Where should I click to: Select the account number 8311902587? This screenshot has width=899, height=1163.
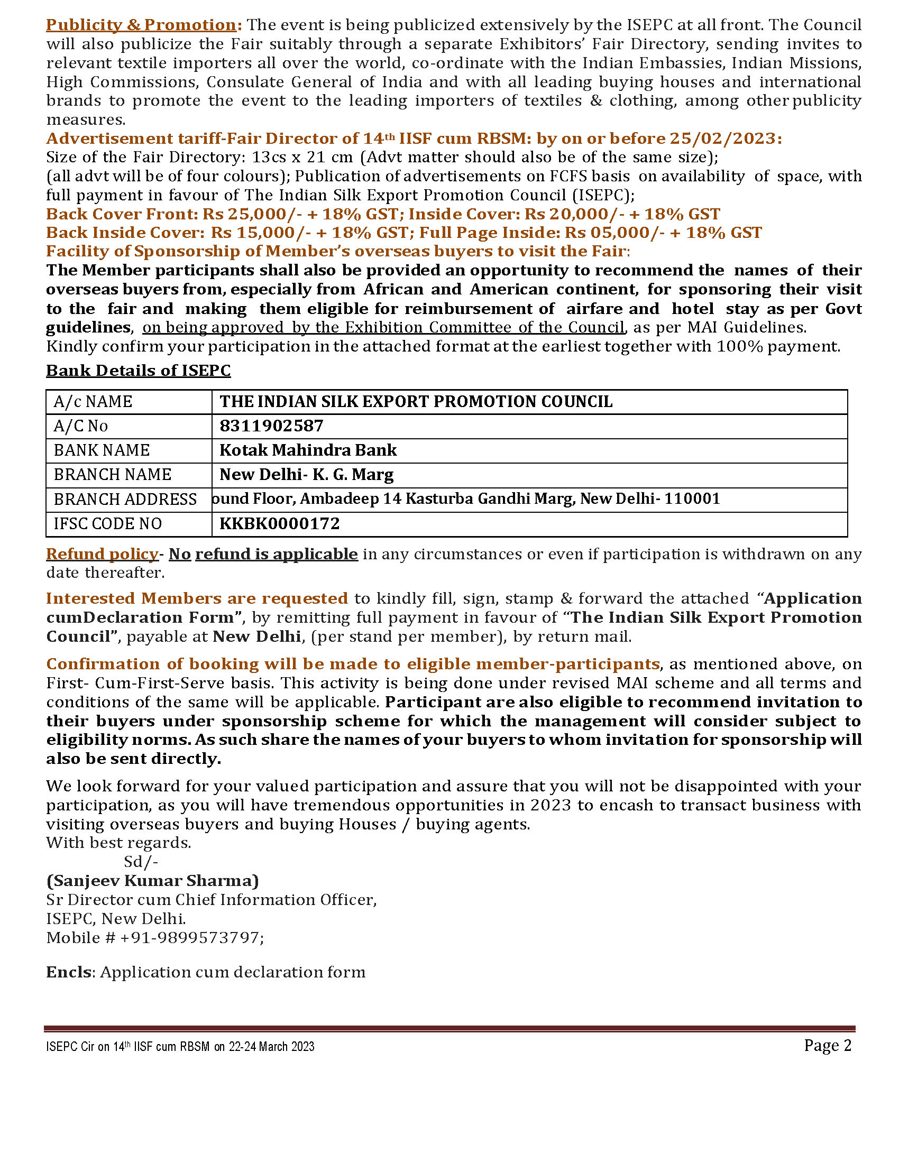[272, 426]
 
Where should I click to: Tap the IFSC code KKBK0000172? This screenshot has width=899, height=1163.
[280, 524]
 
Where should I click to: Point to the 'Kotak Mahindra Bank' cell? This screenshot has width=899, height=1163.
[308, 450]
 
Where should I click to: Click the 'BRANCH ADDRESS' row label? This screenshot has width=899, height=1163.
[125, 500]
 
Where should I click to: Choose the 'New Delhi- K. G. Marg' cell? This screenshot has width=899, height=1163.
[307, 475]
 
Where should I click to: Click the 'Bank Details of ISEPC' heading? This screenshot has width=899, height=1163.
[139, 371]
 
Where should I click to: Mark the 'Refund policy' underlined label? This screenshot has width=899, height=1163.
[102, 555]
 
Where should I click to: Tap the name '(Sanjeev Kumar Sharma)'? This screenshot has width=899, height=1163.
[152, 881]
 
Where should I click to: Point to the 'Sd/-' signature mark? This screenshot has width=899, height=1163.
[141, 862]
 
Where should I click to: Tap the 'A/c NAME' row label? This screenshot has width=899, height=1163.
[93, 402]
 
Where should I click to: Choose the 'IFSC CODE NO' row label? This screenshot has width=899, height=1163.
[108, 524]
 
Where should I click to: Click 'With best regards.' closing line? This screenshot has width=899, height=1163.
[119, 843]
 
